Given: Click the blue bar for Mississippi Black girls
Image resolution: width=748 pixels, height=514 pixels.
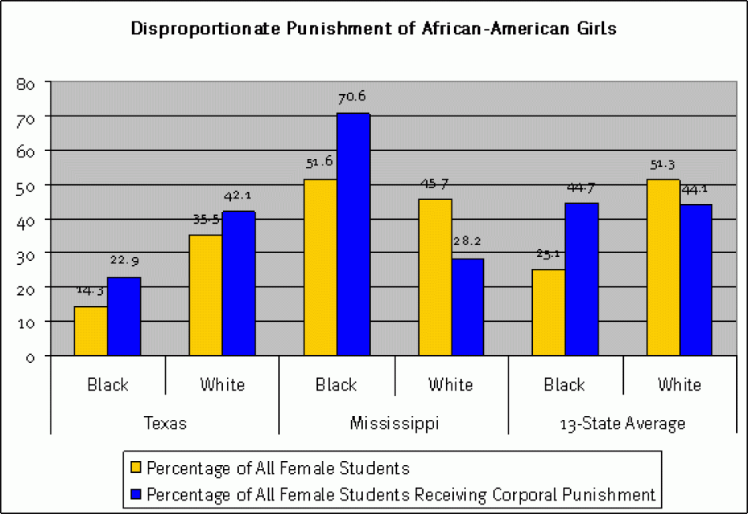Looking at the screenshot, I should pyautogui.click(x=353, y=234).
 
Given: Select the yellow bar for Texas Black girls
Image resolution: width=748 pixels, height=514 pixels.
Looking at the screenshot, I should pyautogui.click(x=91, y=331).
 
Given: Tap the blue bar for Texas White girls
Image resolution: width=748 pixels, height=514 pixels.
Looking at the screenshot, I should pyautogui.click(x=239, y=283).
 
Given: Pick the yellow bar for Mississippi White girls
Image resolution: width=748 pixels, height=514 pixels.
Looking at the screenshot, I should pyautogui.click(x=435, y=277).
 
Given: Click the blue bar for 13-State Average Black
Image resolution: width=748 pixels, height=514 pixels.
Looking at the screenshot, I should pyautogui.click(x=582, y=279).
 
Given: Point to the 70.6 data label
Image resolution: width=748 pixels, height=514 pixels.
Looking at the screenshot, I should pyautogui.click(x=352, y=97).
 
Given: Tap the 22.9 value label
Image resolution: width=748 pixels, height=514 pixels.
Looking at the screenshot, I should pyautogui.click(x=125, y=260).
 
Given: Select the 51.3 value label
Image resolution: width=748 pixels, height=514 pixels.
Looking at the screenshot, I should pyautogui.click(x=663, y=164).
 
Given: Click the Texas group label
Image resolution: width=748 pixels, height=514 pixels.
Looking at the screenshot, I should pyautogui.click(x=165, y=423).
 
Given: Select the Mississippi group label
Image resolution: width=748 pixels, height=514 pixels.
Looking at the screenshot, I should pyautogui.click(x=394, y=423).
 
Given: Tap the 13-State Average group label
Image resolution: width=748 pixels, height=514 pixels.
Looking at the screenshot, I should pyautogui.click(x=622, y=423).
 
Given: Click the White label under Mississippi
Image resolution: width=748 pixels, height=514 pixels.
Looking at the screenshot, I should pyautogui.click(x=451, y=385).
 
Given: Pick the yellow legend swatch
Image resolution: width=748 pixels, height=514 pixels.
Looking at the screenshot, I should pyautogui.click(x=135, y=468).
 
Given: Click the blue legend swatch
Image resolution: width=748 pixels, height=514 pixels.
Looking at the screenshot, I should pyautogui.click(x=135, y=495).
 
